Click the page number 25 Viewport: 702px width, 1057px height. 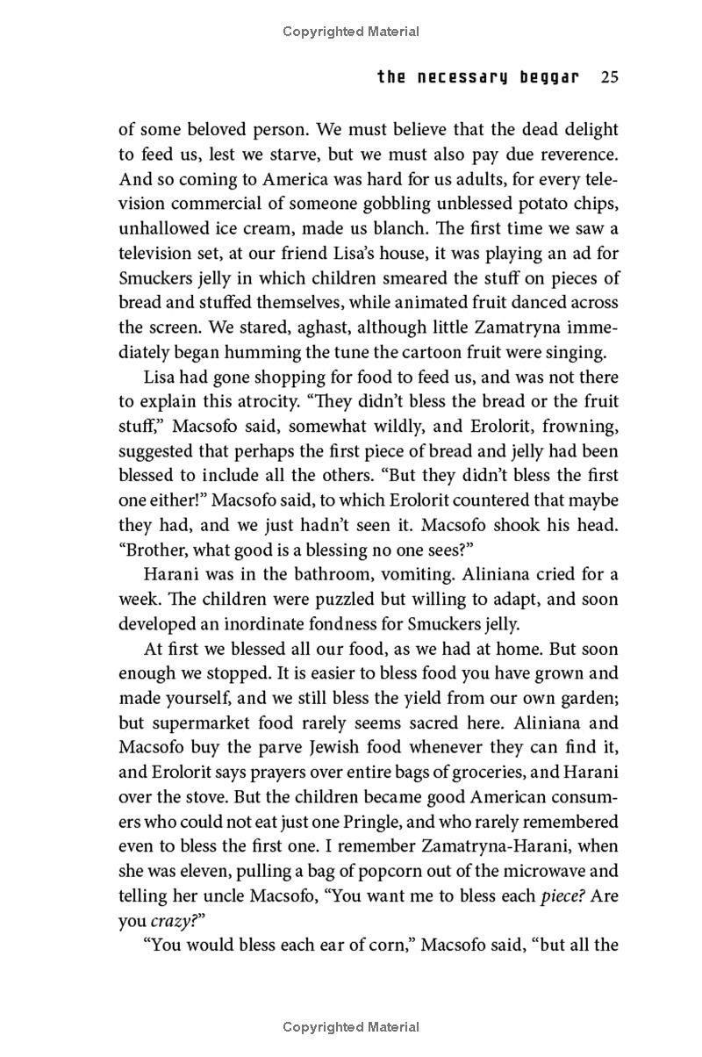(x=610, y=77)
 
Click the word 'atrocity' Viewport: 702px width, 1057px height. (x=276, y=401)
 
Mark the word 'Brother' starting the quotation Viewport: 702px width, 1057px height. (x=155, y=525)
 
